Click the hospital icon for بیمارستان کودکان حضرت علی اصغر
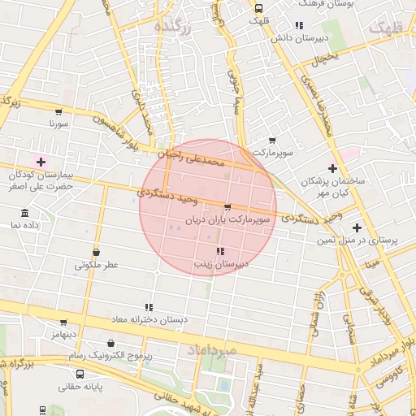pyautogui.click(x=41, y=162)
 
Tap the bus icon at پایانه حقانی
pyautogui.click(x=80, y=374)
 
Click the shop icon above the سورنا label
pyautogui.click(x=58, y=112)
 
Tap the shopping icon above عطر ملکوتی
pyautogui.click(x=97, y=252)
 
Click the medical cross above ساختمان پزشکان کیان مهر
pyautogui.click(x=331, y=167)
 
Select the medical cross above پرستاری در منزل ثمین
pyautogui.click(x=357, y=227)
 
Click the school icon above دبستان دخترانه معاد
pyautogui.click(x=148, y=307)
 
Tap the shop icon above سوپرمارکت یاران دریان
pyautogui.click(x=227, y=207)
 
